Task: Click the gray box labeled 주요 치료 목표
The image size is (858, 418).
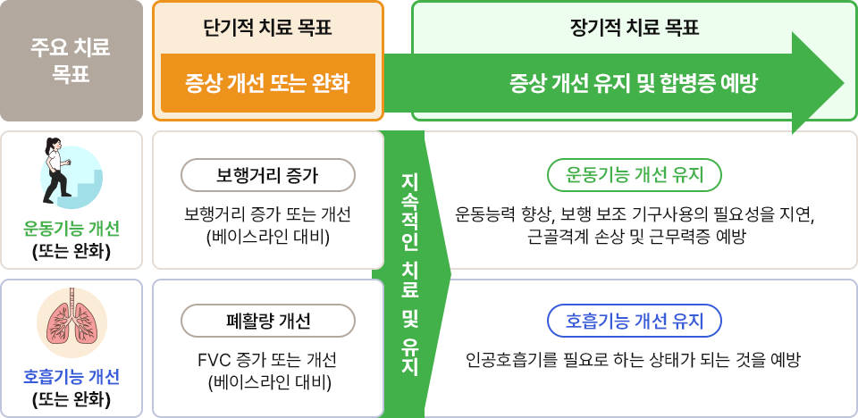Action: [71, 61]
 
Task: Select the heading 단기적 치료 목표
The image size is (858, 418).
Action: [267, 28]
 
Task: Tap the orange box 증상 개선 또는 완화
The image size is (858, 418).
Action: [268, 83]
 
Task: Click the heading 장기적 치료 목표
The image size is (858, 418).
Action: [635, 28]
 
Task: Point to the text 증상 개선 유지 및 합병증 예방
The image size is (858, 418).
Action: [634, 84]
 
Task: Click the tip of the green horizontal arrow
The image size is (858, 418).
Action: [845, 83]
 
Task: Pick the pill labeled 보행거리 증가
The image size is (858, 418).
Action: [268, 175]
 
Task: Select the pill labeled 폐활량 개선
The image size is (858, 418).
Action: [268, 321]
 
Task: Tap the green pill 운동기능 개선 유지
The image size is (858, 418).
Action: [635, 175]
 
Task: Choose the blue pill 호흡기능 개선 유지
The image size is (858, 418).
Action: [635, 321]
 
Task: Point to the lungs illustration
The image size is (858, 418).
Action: [71, 322]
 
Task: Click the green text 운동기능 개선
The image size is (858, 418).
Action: [71, 229]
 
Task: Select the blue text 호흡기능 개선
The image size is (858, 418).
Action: [71, 377]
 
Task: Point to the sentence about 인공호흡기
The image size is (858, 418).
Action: [634, 361]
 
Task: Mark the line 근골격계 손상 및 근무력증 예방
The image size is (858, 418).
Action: [635, 237]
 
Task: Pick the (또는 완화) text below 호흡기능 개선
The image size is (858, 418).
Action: [71, 400]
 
